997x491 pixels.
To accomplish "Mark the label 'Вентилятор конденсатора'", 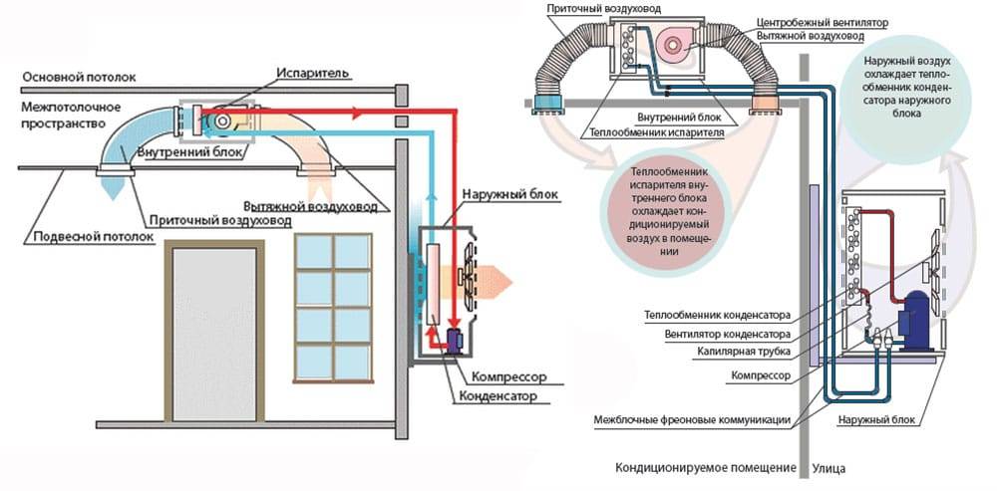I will tap(731, 334).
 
